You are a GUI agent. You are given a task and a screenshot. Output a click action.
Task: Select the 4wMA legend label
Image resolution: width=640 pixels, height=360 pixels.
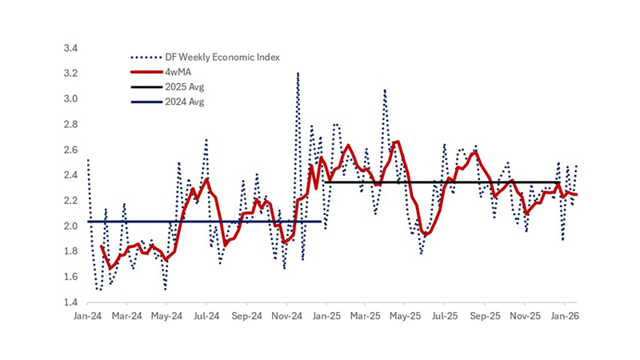pos(172,71)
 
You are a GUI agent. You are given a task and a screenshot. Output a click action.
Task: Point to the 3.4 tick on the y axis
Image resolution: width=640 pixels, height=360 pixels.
pos(70,49)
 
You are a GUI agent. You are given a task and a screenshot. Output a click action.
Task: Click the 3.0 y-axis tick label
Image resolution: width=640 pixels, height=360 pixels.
pos(70,99)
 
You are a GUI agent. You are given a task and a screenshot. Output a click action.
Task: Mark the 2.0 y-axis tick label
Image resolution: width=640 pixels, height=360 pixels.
pos(70,226)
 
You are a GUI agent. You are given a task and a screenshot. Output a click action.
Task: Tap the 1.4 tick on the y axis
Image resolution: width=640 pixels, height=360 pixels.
pos(70,302)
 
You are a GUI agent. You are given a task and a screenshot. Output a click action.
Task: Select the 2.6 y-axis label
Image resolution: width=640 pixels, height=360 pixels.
pos(70,150)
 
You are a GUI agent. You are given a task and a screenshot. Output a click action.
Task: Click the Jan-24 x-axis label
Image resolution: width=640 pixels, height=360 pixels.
pos(86,317)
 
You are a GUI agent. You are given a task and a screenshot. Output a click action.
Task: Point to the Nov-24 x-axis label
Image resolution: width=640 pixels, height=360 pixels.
pos(286,317)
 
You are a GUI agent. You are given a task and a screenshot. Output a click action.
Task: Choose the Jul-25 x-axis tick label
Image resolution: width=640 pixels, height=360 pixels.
pos(445,317)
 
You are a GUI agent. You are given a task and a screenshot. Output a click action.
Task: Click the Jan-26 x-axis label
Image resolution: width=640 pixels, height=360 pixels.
pos(565,317)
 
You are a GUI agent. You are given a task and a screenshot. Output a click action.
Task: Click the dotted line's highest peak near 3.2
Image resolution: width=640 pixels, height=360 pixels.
pos(298,74)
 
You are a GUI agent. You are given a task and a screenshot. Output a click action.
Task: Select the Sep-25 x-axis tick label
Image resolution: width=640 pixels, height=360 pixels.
pos(485,317)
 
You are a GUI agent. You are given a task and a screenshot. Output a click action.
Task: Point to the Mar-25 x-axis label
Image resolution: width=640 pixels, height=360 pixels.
pos(366,317)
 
